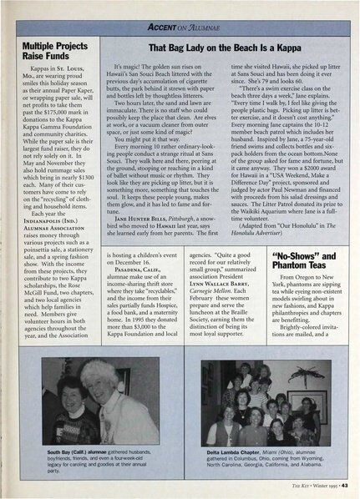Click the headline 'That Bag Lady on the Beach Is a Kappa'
click(218, 48)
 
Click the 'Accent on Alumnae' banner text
click(181, 28)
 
